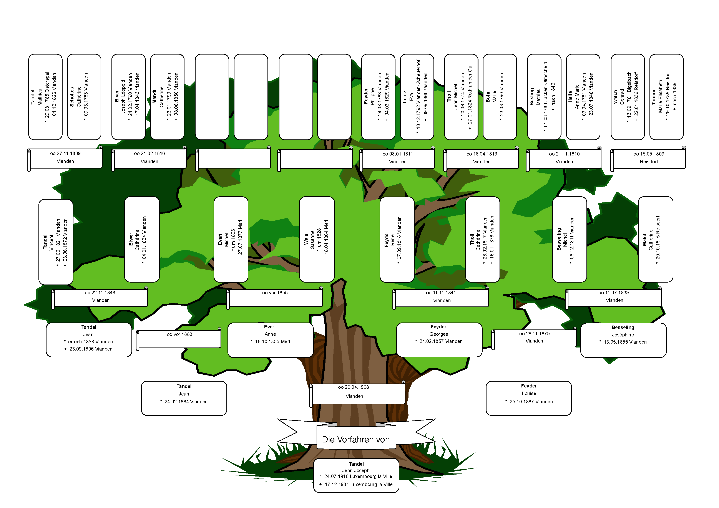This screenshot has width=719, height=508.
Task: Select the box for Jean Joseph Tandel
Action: click(x=356, y=475)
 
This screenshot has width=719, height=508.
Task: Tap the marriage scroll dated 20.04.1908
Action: click(x=357, y=394)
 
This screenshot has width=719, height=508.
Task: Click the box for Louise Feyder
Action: click(x=529, y=398)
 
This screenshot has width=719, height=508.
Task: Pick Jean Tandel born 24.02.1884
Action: click(x=184, y=398)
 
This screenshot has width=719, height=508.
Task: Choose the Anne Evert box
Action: click(x=270, y=340)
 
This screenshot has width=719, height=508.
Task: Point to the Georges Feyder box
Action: click(x=439, y=340)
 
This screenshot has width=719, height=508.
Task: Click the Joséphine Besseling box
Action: click(x=623, y=340)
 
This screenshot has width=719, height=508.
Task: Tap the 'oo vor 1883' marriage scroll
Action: click(x=179, y=339)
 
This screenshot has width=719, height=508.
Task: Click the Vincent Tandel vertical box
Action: click(x=56, y=242)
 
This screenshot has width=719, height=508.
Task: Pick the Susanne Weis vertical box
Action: click(x=317, y=239)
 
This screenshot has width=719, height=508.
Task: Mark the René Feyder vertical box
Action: click(x=397, y=239)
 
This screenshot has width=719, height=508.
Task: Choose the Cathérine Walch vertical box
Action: click(x=655, y=239)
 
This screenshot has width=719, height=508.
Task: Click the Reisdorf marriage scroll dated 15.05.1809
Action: click(x=648, y=159)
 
